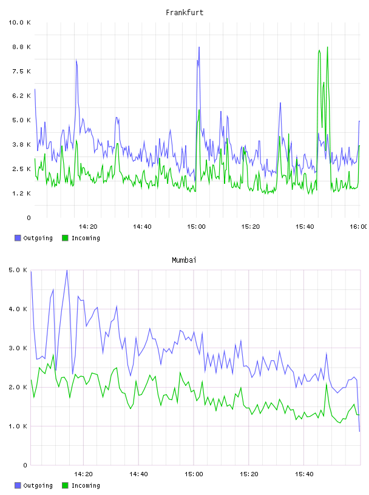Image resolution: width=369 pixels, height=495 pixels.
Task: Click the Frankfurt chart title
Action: tap(184, 13)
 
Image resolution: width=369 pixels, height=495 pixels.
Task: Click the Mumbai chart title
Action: tap(184, 260)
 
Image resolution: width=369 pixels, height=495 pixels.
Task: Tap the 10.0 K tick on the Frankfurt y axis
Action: tap(19, 22)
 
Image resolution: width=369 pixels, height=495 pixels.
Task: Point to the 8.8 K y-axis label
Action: tap(21, 47)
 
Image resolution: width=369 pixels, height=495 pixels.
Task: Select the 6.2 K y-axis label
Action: tap(21, 96)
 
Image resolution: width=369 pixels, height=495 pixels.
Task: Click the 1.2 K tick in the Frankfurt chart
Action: tap(21, 194)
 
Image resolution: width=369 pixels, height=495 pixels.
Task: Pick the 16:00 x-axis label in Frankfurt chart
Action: tap(358, 227)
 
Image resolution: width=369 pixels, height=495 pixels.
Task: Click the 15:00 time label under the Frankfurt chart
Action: tap(196, 227)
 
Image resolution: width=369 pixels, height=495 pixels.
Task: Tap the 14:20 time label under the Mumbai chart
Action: tap(83, 474)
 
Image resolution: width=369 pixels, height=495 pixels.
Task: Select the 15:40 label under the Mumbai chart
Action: tap(304, 474)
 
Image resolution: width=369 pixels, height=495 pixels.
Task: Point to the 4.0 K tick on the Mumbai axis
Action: tap(18, 309)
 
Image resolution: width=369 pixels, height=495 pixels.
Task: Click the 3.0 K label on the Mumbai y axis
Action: tap(18, 348)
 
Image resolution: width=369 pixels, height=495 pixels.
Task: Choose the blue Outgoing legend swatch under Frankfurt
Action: tap(18, 238)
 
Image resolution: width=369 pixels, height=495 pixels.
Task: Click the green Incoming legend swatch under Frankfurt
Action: tap(65, 238)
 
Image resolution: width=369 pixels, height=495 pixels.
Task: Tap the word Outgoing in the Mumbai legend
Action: tap(38, 485)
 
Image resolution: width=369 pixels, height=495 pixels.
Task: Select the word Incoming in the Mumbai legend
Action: tap(86, 485)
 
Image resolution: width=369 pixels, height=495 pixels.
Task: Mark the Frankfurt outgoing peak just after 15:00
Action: tap(199, 47)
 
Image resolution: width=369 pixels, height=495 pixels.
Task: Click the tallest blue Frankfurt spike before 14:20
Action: tap(76, 59)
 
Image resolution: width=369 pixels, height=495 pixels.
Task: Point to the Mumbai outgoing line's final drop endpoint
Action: tap(359, 431)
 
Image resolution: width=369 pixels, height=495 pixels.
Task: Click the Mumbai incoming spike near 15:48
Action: tap(327, 384)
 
